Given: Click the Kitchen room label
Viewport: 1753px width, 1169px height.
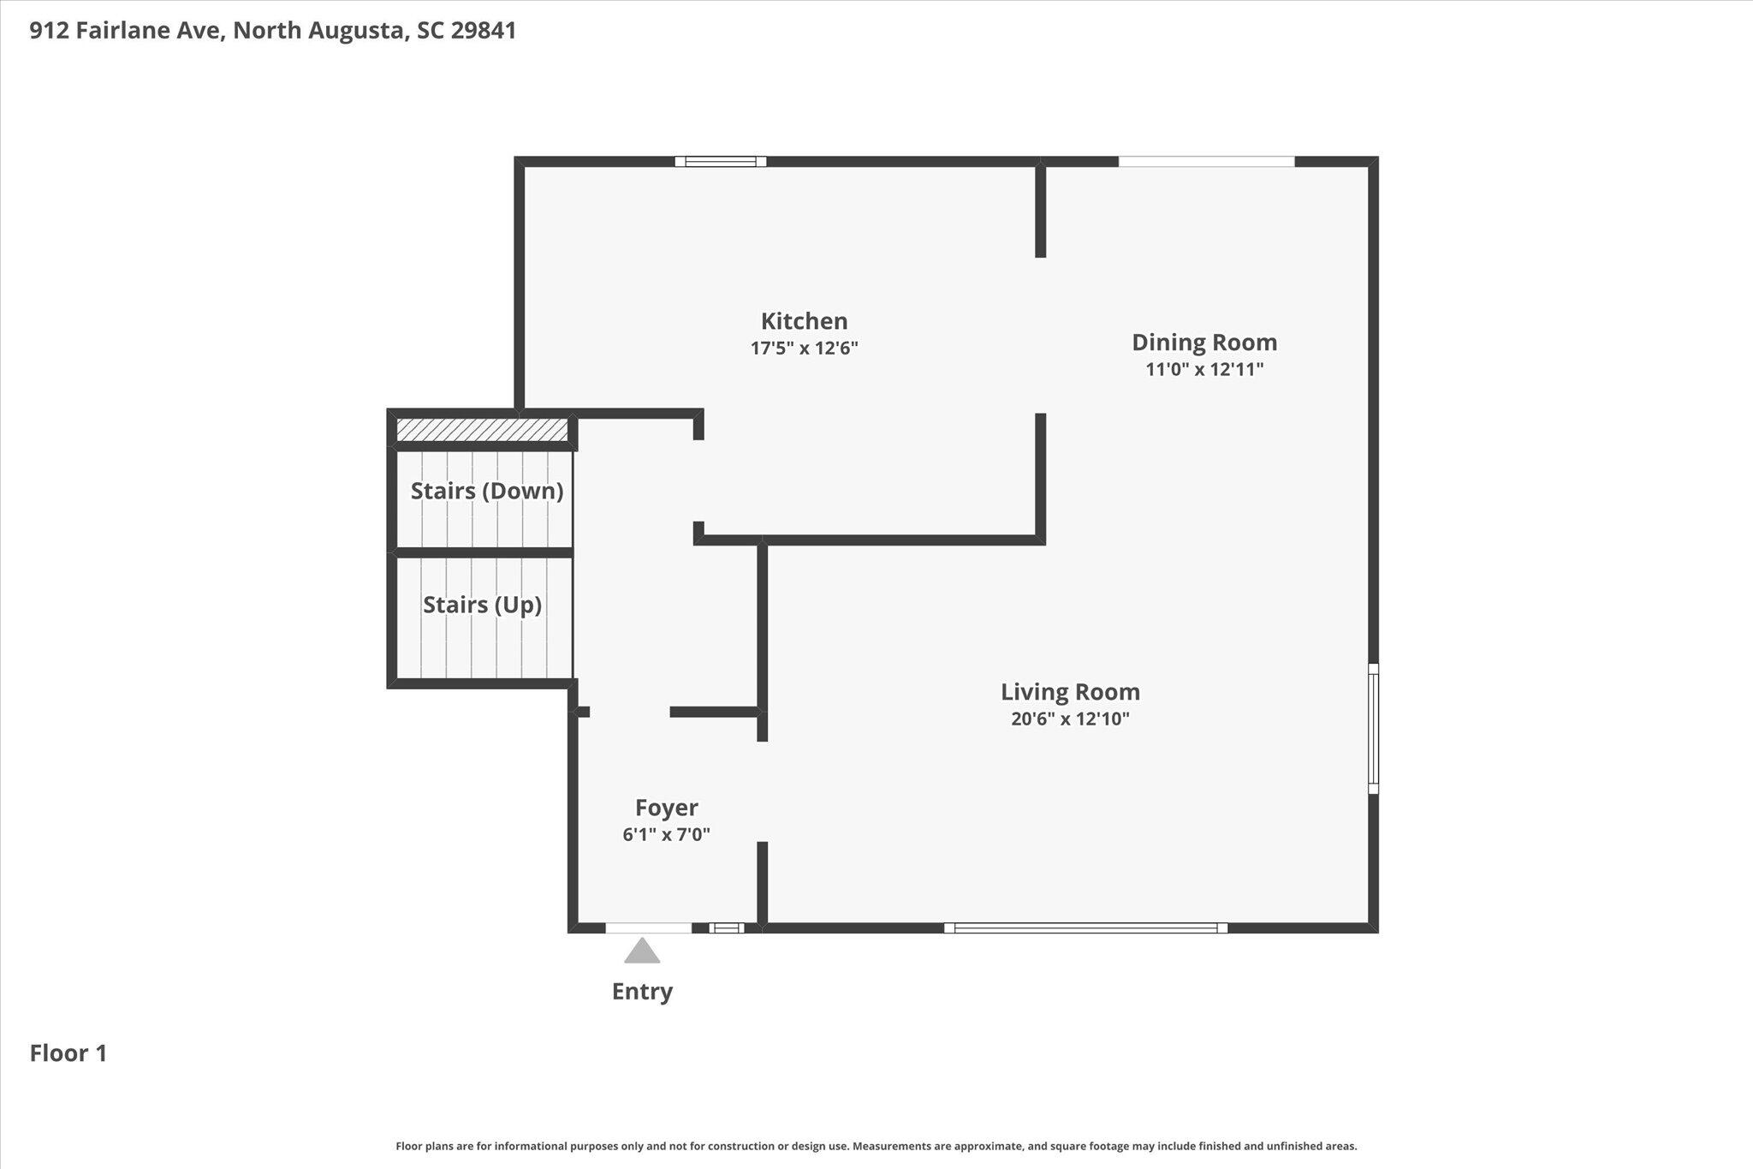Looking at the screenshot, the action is tap(804, 321).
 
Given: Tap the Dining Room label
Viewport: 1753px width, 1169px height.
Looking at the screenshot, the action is tap(1204, 343).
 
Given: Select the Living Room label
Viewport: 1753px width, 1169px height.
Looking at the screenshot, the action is tap(1070, 692).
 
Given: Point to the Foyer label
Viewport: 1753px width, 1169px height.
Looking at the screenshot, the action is tap(667, 808).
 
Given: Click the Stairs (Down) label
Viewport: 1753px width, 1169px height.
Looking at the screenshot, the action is tap(487, 491).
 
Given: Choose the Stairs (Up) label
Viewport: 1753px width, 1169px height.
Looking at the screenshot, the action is tap(482, 605).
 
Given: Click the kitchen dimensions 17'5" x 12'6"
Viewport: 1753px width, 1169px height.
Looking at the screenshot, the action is tap(804, 348).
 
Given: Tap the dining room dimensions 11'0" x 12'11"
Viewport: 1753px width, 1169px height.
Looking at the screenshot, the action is tap(1204, 369).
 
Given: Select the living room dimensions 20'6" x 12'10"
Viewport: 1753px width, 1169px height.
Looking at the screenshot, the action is tap(1070, 719).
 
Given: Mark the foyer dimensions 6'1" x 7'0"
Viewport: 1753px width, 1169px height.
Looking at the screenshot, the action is tap(667, 834).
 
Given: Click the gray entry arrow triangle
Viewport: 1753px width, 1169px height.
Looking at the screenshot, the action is tap(642, 951).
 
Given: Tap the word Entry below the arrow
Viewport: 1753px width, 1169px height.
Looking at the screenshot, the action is tap(642, 991).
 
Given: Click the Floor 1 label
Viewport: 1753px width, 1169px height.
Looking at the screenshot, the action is tap(68, 1053).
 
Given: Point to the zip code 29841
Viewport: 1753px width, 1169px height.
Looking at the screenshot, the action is tap(484, 31).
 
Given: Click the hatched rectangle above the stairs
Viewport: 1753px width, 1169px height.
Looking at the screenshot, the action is tap(482, 430).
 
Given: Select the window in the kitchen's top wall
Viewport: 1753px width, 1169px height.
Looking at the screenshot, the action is tap(720, 161).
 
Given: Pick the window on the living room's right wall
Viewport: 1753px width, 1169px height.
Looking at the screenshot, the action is tap(1373, 728).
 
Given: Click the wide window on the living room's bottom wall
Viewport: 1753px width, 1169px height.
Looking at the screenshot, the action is tap(1085, 927).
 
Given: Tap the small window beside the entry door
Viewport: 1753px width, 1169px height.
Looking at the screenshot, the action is tap(726, 927).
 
